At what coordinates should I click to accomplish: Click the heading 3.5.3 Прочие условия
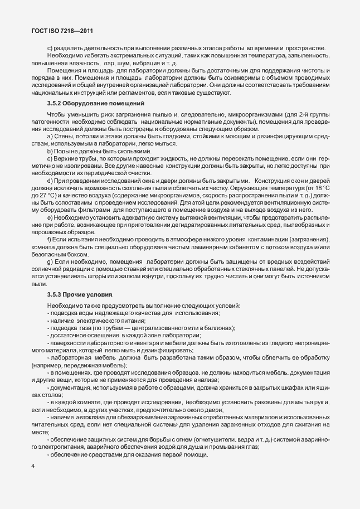tap(79, 294)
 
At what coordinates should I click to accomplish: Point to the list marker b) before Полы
tap(50, 152)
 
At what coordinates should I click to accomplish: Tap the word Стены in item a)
tap(65, 137)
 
